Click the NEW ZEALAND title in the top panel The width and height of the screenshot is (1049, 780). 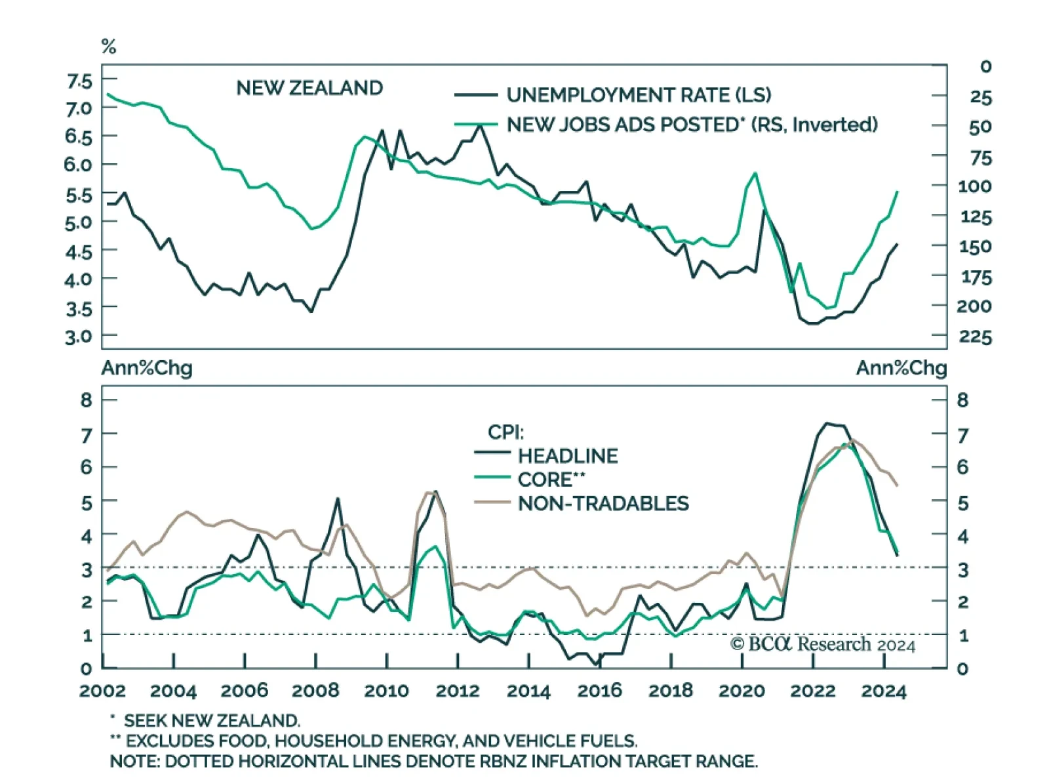tap(309, 88)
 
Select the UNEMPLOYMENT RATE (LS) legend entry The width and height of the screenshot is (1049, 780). tap(639, 95)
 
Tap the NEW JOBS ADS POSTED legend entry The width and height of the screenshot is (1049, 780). tap(692, 125)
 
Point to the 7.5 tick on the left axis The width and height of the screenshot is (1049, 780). tap(79, 81)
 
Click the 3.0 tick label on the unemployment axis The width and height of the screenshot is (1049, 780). tap(79, 337)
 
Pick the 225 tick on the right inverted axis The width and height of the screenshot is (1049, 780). tap(976, 337)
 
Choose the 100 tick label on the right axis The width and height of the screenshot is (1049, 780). tap(975, 186)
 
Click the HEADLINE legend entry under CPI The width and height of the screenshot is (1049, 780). tap(568, 456)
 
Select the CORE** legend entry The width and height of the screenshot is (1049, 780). tap(551, 480)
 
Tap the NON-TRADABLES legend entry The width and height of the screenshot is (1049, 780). tap(603, 503)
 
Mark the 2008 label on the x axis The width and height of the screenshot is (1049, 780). tap(315, 691)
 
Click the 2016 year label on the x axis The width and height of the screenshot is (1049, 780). tap(599, 691)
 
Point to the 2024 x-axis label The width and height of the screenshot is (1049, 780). tap(883, 691)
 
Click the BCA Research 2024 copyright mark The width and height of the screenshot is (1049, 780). tap(823, 644)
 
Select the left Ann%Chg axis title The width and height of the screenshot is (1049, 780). tap(147, 368)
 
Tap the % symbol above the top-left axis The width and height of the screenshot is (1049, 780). tap(109, 47)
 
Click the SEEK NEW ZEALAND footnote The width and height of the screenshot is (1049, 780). tap(212, 721)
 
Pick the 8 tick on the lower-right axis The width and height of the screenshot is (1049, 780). tap(962, 400)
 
